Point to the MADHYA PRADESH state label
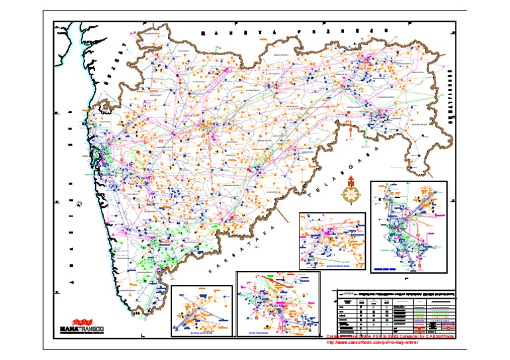pos(295,31)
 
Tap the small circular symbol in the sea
pos(78,205)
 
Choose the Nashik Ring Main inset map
pos(202,310)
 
